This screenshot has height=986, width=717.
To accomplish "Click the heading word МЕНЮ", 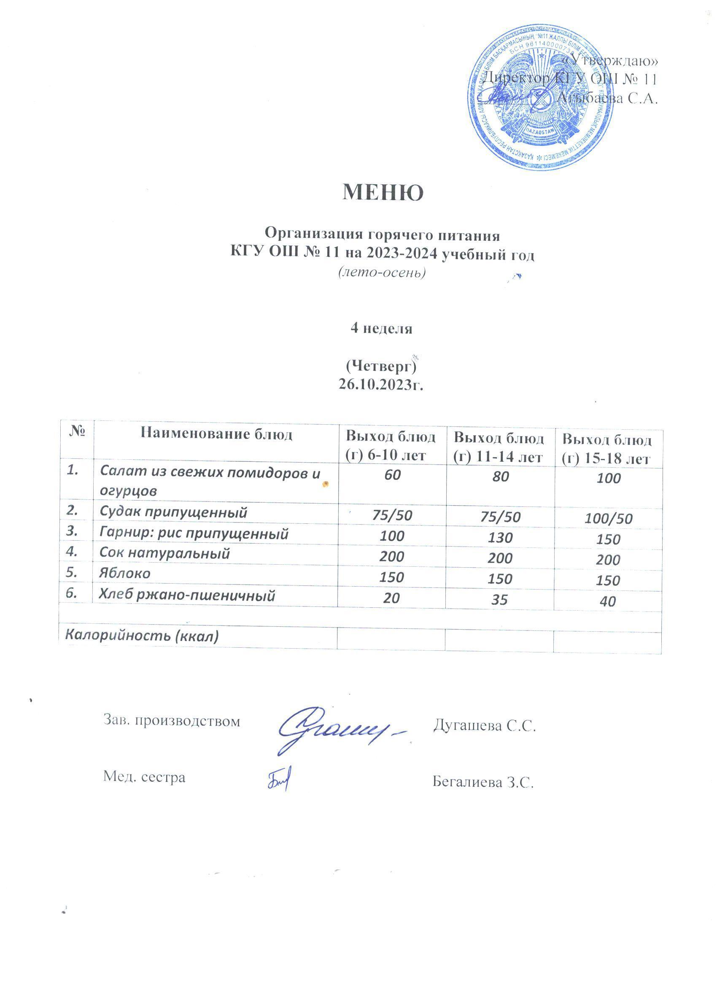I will tap(383, 192).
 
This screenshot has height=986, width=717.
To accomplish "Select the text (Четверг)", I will tap(381, 366).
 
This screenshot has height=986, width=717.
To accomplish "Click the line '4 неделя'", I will tap(381, 329).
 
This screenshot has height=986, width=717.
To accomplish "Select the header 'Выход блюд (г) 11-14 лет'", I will tap(499, 447).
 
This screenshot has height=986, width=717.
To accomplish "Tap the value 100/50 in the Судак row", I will tap(608, 518).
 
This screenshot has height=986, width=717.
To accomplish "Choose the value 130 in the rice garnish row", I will tap(500, 537).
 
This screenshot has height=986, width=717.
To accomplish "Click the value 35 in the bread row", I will tap(500, 600).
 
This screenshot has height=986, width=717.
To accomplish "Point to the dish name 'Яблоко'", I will tap(125, 574).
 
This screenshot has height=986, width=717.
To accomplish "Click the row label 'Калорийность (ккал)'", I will tap(141, 636).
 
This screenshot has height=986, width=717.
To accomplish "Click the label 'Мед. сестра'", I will tap(144, 777).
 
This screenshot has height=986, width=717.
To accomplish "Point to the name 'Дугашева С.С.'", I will tap(484, 726).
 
